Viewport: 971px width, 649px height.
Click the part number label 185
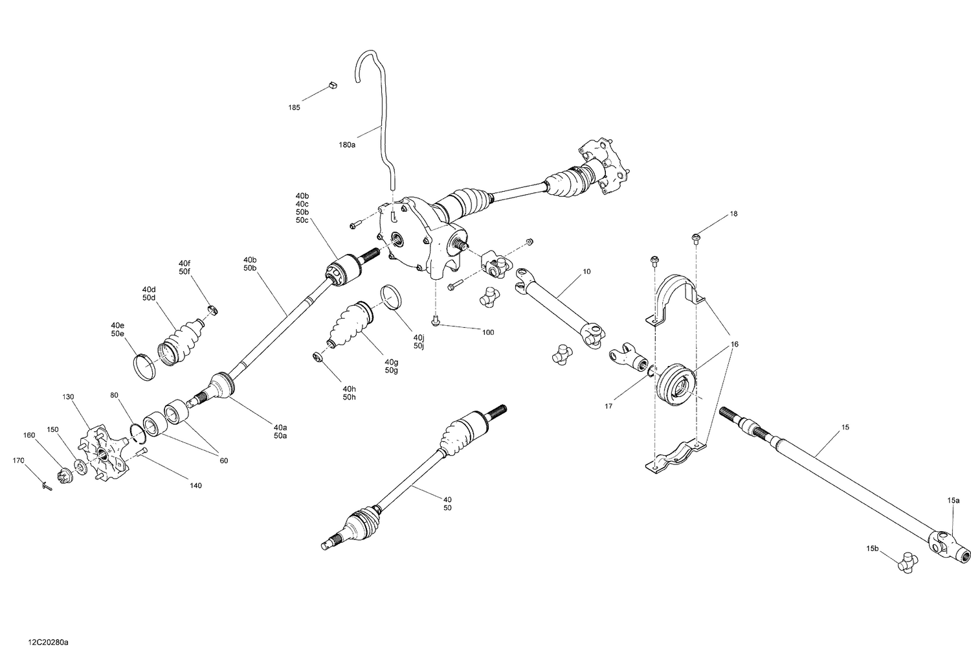point(294,108)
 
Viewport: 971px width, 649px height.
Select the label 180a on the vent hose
point(347,145)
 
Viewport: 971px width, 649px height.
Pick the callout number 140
point(195,485)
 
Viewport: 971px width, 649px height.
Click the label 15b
point(873,549)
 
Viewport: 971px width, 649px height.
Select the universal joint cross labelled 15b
point(908,561)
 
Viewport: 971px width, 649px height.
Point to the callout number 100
point(487,332)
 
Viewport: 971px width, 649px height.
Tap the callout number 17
point(608,407)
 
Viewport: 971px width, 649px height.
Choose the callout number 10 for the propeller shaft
point(586,271)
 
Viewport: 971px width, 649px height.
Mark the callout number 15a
point(954,500)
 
